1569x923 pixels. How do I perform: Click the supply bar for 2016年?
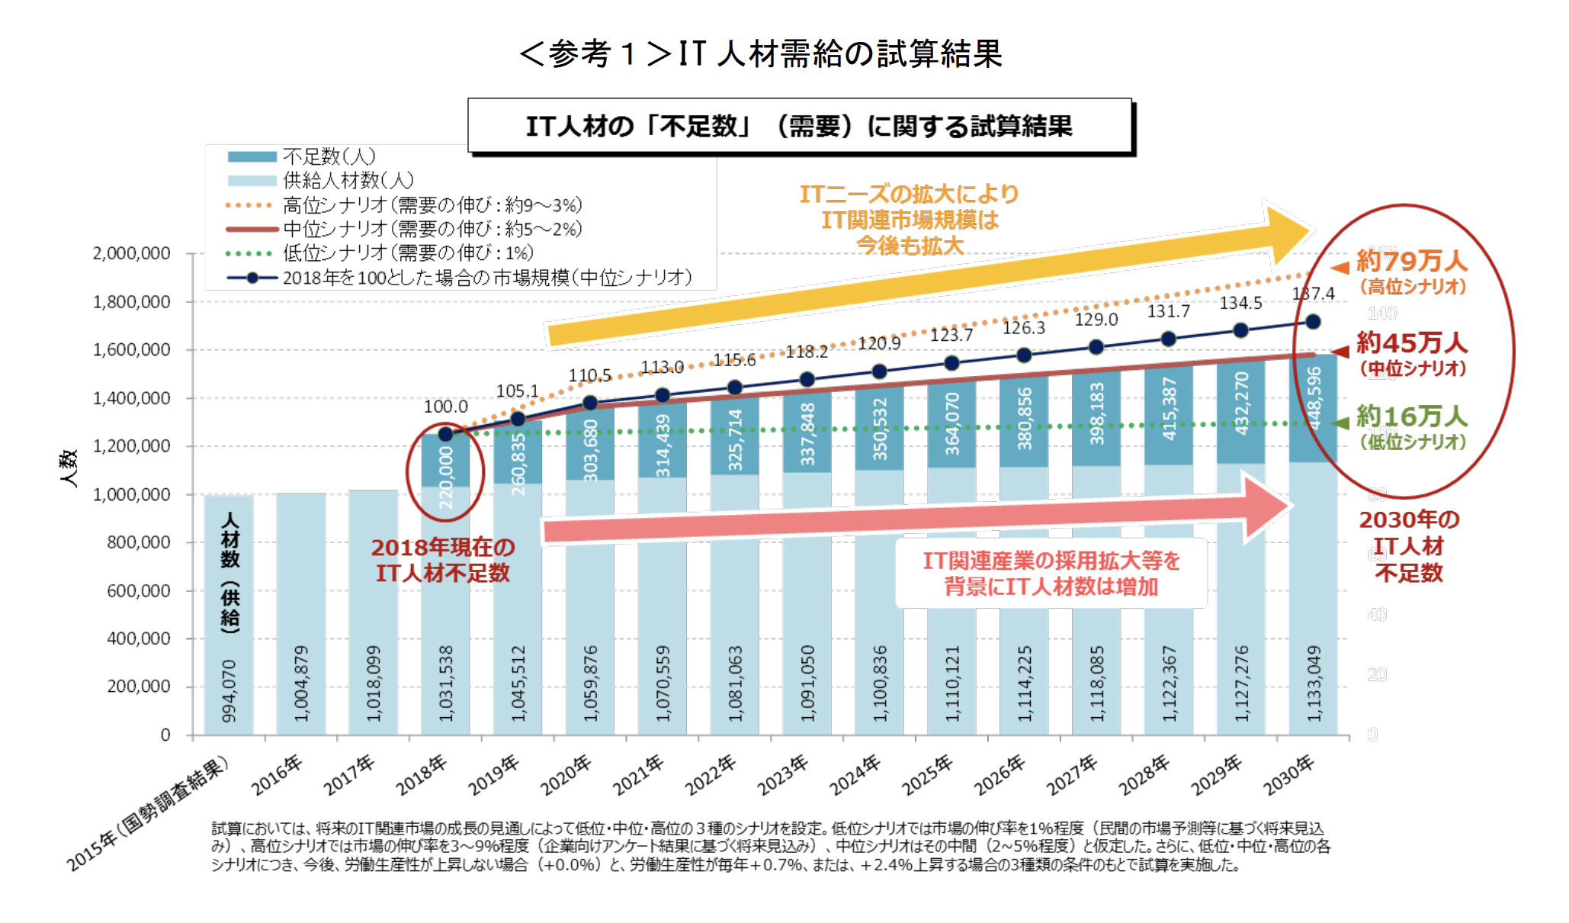[x=300, y=610]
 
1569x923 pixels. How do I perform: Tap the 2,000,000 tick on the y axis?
[x=131, y=253]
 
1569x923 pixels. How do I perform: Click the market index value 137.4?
[x=1313, y=294]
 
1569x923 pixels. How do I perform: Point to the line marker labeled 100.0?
[x=446, y=434]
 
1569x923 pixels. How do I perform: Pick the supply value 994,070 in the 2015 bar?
[x=229, y=690]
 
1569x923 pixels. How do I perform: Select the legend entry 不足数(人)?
[x=329, y=156]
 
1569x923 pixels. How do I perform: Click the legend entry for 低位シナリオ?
[x=408, y=252]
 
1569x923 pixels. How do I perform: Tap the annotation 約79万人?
[x=1411, y=262]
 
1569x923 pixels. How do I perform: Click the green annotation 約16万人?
[x=1411, y=416]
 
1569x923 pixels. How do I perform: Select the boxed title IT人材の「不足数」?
[x=799, y=126]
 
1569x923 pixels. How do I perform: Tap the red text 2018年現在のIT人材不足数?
[x=443, y=560]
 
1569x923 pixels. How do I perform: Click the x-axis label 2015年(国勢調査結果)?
[x=149, y=812]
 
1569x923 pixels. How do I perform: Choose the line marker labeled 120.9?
[x=879, y=371]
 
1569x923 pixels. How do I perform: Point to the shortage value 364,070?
[x=952, y=423]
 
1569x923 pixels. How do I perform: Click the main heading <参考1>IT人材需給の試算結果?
[x=761, y=53]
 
